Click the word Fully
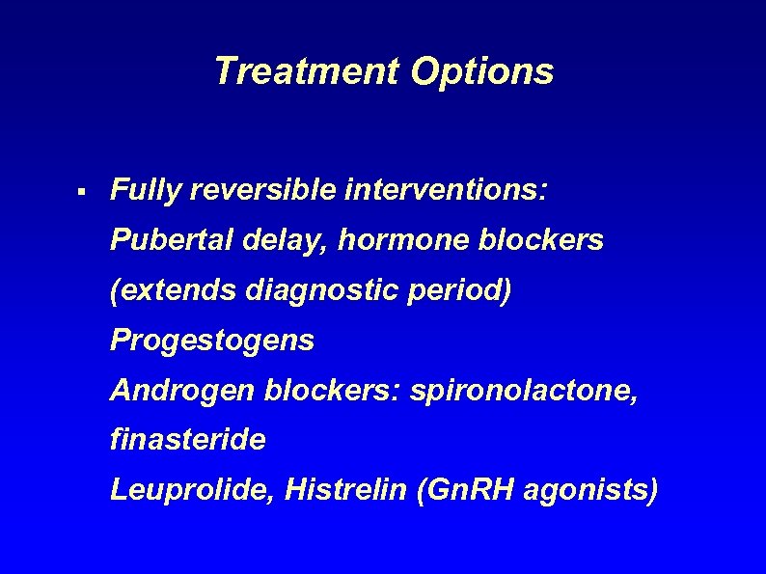[x=146, y=190]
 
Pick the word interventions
[x=445, y=189]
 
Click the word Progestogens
[x=212, y=340]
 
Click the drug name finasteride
[x=188, y=440]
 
